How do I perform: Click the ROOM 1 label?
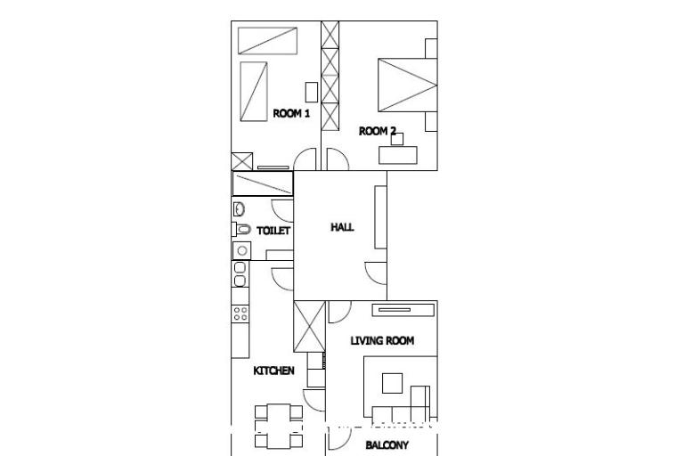[x=291, y=113]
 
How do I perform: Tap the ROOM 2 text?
[x=377, y=131]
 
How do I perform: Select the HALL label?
[x=342, y=227]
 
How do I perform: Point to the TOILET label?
[x=273, y=231]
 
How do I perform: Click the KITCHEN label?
[x=273, y=370]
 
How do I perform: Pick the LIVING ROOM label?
[x=381, y=340]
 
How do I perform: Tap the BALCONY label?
[x=387, y=445]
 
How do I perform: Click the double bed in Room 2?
[x=407, y=85]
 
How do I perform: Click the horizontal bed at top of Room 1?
[x=267, y=40]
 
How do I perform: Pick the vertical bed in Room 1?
[x=255, y=91]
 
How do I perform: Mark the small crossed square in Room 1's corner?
[x=241, y=162]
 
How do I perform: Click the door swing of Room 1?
[x=305, y=159]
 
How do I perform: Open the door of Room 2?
[x=337, y=159]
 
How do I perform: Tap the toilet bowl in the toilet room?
[x=242, y=230]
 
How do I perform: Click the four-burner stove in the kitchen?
[x=240, y=313]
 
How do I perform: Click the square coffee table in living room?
[x=392, y=383]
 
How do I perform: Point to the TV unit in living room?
[x=403, y=309]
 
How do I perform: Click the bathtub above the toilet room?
[x=263, y=183]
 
